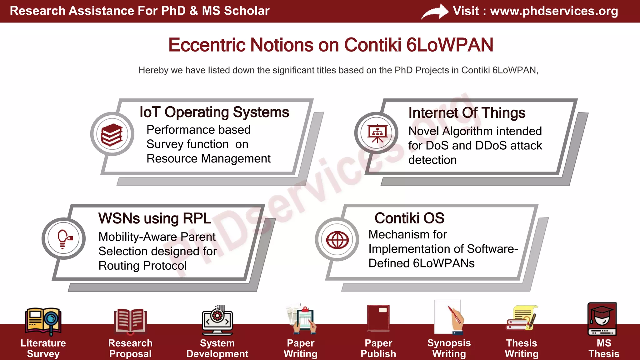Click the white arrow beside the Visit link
(x=435, y=12)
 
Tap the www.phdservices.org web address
(x=554, y=11)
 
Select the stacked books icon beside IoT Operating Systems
(x=112, y=135)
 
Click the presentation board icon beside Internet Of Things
(x=377, y=133)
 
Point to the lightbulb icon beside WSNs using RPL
(x=64, y=239)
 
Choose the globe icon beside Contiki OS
(x=337, y=240)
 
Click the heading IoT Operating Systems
(x=214, y=112)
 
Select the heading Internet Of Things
(x=467, y=113)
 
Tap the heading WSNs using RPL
(x=155, y=218)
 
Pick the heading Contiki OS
(x=409, y=218)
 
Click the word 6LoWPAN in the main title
(x=450, y=45)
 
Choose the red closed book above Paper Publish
(x=378, y=318)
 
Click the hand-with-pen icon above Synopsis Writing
(x=449, y=317)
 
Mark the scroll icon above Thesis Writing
(x=522, y=318)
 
